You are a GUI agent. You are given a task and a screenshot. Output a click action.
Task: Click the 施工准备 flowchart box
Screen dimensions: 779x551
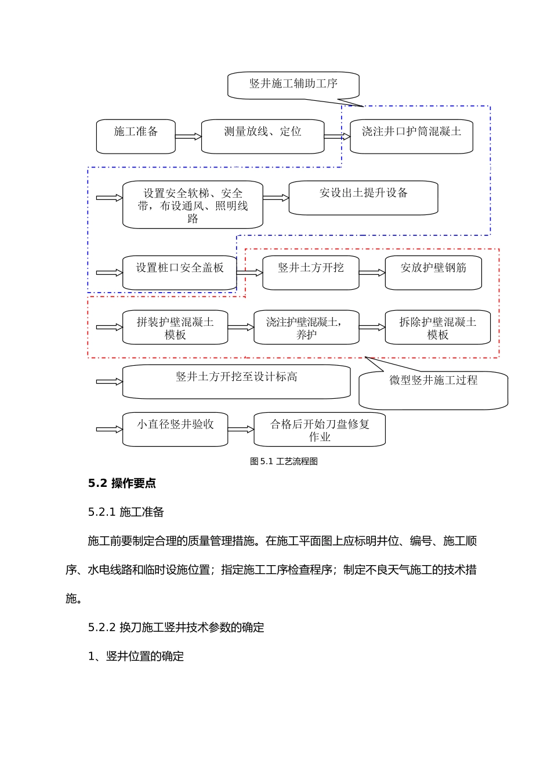136,137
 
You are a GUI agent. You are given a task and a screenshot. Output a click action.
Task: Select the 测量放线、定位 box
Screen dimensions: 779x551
262,137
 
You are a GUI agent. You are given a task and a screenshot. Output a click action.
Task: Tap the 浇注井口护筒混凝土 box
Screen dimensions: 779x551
411,137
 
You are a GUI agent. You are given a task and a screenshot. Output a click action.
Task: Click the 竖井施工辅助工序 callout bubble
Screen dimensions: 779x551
293,85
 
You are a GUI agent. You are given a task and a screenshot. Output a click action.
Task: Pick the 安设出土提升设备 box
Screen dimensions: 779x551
363,198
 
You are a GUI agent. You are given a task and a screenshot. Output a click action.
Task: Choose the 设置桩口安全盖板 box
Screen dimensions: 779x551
179,272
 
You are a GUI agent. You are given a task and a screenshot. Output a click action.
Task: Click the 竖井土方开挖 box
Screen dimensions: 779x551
310,272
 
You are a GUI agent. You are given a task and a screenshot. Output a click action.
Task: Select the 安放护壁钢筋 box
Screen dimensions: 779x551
433,272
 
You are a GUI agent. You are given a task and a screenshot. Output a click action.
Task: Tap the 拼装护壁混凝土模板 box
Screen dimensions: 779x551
175,327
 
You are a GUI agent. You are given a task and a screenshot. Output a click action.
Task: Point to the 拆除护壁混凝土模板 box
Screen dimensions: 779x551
437,327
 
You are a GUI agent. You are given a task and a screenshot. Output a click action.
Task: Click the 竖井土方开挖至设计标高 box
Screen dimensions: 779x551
236,381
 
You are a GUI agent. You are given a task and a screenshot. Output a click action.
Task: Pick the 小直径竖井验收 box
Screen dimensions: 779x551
175,429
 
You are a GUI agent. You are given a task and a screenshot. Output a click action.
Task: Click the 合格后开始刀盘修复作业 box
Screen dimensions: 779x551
320,429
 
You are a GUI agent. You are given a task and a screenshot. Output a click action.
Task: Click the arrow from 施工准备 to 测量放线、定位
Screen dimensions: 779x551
188,137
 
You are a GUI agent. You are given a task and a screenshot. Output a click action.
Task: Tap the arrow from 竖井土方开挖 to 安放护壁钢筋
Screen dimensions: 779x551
372,272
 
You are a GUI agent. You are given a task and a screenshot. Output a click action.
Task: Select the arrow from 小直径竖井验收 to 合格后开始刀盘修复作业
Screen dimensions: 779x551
241,429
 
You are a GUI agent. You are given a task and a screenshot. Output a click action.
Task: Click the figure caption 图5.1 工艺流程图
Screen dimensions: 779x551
284,461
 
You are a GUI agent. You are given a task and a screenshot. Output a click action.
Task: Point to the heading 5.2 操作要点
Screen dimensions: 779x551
122,483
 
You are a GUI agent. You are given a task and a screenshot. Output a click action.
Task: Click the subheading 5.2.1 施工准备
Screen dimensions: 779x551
126,512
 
